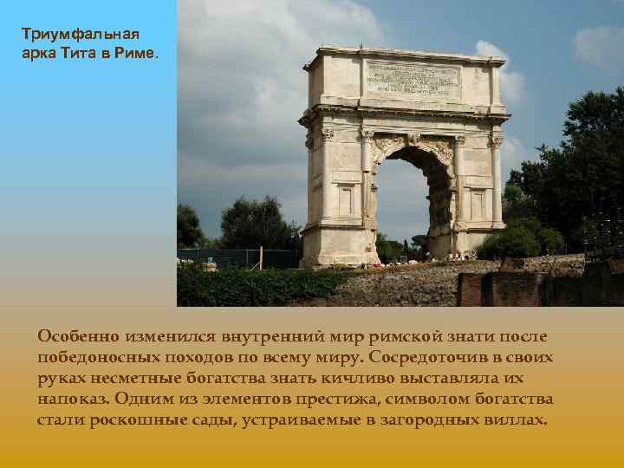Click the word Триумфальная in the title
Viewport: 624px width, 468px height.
tap(79, 35)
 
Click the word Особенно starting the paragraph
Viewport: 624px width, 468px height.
tap(78, 335)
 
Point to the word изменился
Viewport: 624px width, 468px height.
tap(170, 335)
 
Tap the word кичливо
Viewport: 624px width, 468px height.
tap(373, 379)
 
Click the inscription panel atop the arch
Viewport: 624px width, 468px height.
tap(412, 81)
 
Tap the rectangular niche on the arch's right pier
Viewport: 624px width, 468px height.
tap(476, 204)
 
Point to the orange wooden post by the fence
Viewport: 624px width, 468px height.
tap(261, 258)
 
